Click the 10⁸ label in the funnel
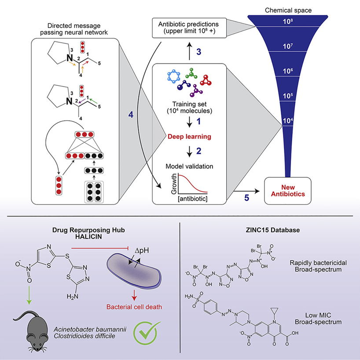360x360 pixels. click(x=288, y=20)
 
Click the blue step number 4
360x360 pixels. click(x=130, y=114)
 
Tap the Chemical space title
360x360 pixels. click(x=288, y=8)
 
